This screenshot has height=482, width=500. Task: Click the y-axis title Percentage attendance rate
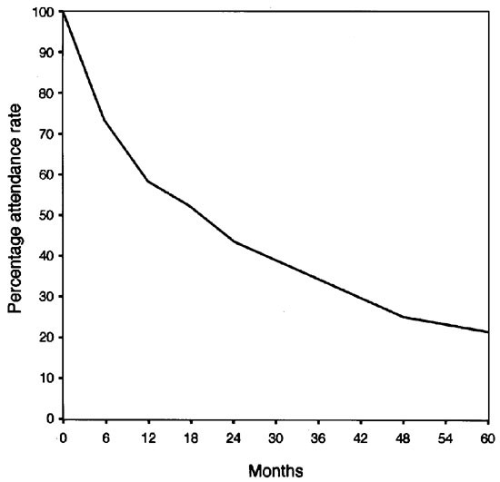pos(16,215)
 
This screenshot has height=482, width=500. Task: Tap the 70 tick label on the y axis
pos(45,133)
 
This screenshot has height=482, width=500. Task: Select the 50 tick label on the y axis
pos(45,215)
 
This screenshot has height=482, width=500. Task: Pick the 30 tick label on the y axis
pos(45,297)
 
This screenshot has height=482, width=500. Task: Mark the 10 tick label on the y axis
pos(45,378)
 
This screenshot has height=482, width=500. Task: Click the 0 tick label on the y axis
pos(48,418)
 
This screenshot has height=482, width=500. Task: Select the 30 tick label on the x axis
pos(275,439)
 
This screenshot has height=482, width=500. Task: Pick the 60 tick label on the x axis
pos(487,439)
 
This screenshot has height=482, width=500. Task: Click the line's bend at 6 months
pos(105,120)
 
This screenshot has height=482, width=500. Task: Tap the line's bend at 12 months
pos(147,181)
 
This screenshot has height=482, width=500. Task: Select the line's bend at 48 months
pos(403,317)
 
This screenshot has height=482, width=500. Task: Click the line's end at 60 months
pos(488,332)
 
